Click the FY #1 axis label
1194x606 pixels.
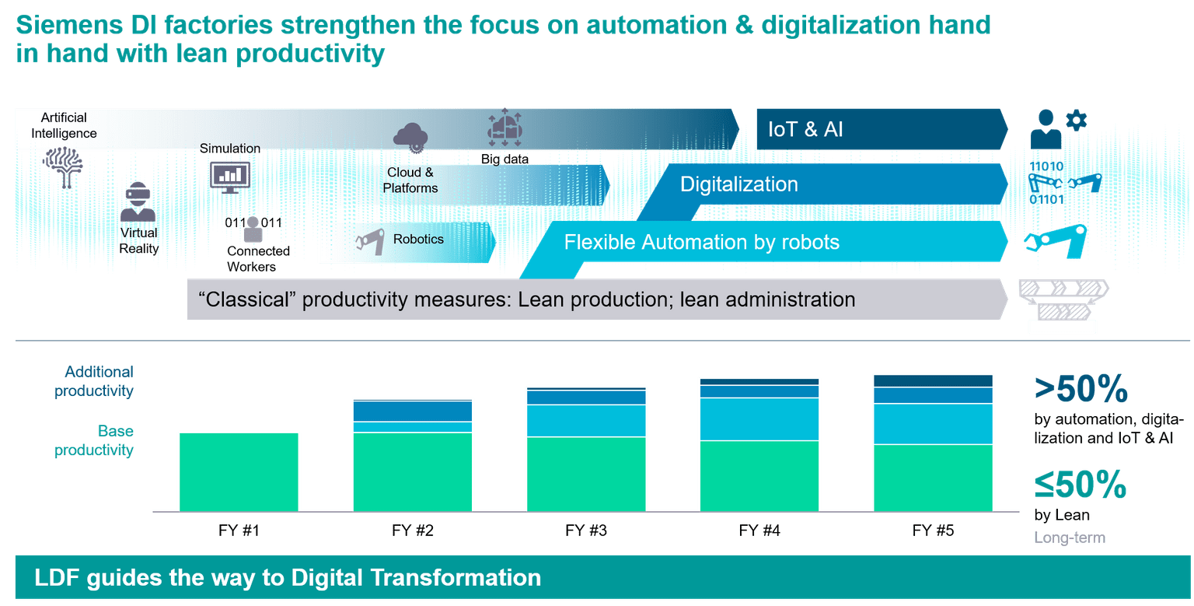coord(239,531)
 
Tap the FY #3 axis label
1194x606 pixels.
coord(586,531)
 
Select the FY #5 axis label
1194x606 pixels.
coord(933,531)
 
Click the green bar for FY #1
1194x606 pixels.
coord(239,471)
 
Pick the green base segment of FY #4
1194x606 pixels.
coord(759,476)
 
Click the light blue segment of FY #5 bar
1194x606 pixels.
coord(933,423)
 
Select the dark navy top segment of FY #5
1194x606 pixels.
coord(933,380)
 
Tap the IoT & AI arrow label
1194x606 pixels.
coord(805,129)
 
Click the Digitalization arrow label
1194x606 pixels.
coord(739,184)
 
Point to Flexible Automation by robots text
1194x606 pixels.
coord(702,242)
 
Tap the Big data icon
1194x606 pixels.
coord(504,128)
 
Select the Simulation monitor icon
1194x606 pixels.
coord(229,177)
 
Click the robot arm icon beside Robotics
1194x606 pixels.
coord(369,241)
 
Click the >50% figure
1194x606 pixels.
coord(1080,390)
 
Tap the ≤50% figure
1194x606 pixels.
coord(1080,485)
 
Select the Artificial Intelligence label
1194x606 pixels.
coord(64,125)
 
